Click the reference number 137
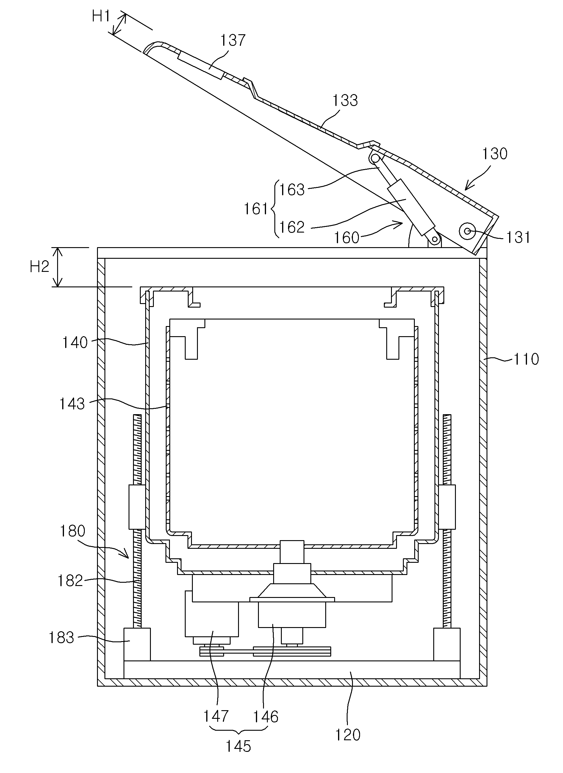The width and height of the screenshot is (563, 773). coord(233,40)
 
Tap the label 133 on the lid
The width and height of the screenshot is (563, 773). coord(345,101)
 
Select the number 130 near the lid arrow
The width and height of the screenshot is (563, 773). coord(495,154)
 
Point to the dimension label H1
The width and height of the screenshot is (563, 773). coord(101,16)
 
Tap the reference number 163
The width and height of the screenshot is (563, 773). coord(292,190)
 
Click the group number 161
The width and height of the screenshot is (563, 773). coord(256,209)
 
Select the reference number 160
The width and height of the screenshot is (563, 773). coord(347,238)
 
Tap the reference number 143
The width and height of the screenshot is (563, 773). coord(72,404)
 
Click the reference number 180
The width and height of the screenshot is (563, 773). coord(72,531)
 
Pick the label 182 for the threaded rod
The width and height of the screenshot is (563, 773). coord(70,581)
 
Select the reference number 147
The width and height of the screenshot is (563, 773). coord(216,716)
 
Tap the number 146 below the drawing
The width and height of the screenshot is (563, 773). coord(265,717)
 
